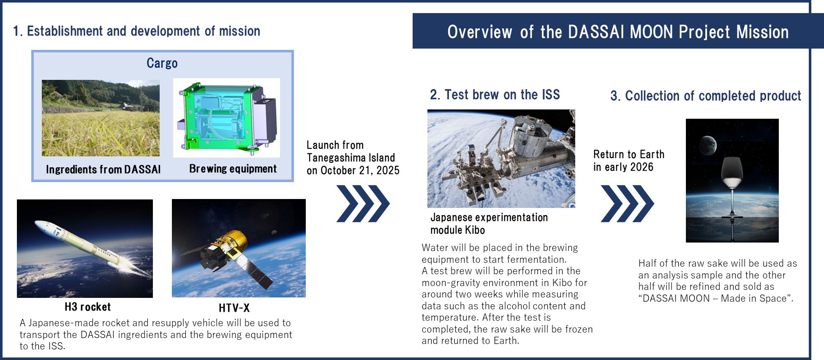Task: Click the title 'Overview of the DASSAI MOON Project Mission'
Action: point(618,32)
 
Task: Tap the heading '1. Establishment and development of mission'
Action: point(136,31)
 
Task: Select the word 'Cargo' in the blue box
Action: point(162,63)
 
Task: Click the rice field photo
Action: point(101,118)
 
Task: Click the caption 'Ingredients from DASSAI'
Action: point(103,169)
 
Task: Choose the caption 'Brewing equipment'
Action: point(233,169)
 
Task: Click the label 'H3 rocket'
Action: point(88,307)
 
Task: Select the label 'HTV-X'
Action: point(234,308)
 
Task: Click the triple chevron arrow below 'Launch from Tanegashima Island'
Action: point(363,204)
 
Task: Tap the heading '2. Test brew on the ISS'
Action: point(495,95)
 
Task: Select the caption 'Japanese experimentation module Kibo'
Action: point(489,224)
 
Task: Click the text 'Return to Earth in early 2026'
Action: point(629,161)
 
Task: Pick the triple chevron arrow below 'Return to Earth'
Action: point(627,204)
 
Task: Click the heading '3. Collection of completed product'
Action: point(706,96)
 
